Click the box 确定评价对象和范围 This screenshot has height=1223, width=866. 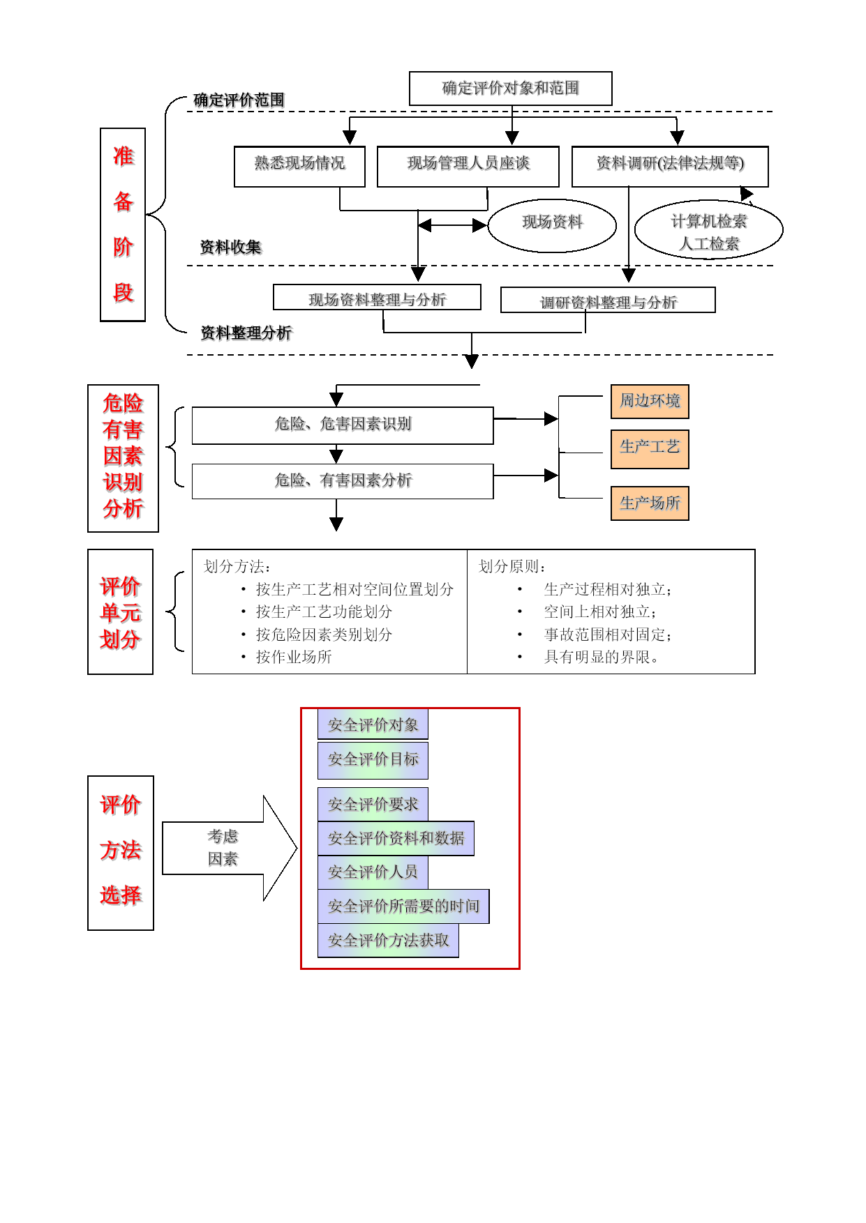pos(510,89)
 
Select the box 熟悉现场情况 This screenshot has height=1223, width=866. pos(299,167)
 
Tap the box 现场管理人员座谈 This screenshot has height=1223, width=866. pos(468,167)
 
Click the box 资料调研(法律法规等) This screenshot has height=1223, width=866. pos(670,167)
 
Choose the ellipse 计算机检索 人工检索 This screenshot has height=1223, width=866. pos(708,230)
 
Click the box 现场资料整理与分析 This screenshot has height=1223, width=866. pos(377,297)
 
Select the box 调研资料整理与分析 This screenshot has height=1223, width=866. pos(608,300)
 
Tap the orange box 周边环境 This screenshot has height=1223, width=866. pos(650,402)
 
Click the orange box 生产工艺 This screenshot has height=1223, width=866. pos(650,450)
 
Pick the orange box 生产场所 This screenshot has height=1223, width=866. pos(650,503)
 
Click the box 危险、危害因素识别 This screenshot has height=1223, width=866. pos(343,425)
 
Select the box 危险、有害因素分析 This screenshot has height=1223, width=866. pos(343,481)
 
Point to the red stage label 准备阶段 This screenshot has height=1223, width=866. pos(123,225)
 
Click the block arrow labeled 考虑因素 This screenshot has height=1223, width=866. pos(230,848)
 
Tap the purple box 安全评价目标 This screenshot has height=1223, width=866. pos(373,760)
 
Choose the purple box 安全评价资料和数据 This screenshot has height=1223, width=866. pos(396,839)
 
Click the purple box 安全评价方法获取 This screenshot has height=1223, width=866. pos(388,941)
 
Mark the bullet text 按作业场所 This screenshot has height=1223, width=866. pos(294,657)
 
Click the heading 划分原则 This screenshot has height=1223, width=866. pos(512,566)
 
